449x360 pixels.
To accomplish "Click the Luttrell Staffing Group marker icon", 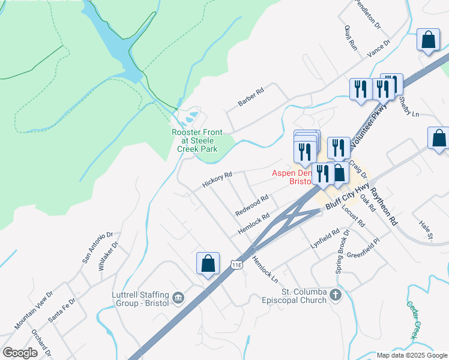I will click(x=178, y=298).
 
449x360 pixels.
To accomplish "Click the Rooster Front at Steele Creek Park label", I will click(x=197, y=140).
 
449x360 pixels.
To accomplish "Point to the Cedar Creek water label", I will click(x=413, y=320).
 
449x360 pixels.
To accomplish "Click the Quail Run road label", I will click(x=351, y=37).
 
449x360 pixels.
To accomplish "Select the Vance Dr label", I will click(x=379, y=48).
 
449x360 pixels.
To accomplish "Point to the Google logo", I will click(x=20, y=352).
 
